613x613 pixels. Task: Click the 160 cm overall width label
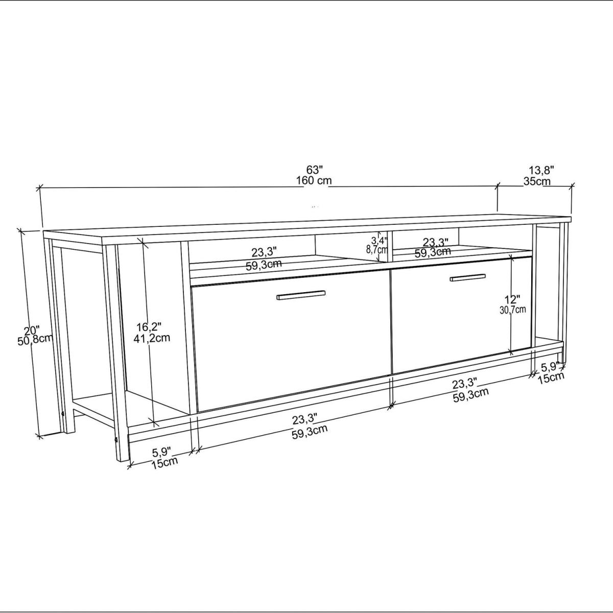point(314,181)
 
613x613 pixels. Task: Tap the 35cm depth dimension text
point(537,181)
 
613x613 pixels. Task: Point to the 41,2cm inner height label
point(152,338)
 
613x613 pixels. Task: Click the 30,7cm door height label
point(512,310)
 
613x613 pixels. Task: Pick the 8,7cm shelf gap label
point(377,249)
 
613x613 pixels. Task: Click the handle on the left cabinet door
point(301,295)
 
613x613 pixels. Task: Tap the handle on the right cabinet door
point(467,278)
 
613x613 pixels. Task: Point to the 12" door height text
point(512,299)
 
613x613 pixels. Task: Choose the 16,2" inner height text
point(149,326)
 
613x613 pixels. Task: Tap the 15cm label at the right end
point(551,378)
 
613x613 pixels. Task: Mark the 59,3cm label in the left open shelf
point(264,264)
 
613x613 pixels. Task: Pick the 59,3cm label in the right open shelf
point(433,252)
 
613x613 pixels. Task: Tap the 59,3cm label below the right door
point(471,395)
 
